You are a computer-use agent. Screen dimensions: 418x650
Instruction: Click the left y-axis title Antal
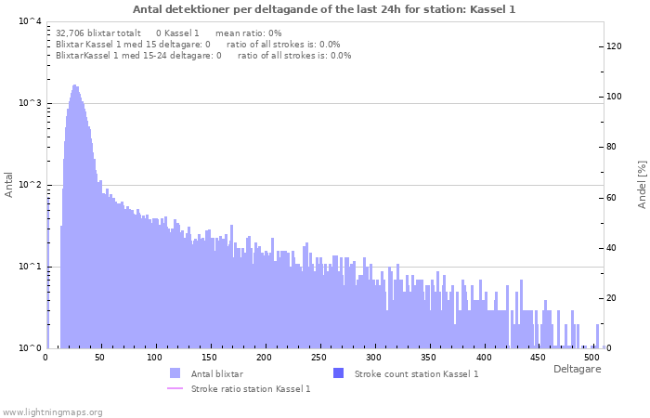pyautogui.click(x=9, y=184)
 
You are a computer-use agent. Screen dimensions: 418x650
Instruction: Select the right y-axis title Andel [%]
pyautogui.click(x=642, y=184)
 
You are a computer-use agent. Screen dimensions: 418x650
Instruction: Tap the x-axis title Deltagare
pyautogui.click(x=576, y=369)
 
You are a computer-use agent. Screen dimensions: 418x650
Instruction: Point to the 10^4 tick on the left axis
pyautogui.click(x=30, y=21)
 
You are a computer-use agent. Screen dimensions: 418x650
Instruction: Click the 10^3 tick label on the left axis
pyautogui.click(x=30, y=103)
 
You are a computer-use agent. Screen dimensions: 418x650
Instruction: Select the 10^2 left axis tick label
pyautogui.click(x=30, y=185)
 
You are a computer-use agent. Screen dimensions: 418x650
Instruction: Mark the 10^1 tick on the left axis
pyautogui.click(x=30, y=267)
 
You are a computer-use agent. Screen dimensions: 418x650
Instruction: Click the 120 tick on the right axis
pyautogui.click(x=613, y=46)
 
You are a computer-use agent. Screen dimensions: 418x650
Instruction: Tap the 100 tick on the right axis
pyautogui.click(x=613, y=97)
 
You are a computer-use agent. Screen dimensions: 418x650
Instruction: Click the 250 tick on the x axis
pyautogui.click(x=319, y=357)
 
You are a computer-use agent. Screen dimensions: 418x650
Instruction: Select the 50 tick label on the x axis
pyautogui.click(x=100, y=357)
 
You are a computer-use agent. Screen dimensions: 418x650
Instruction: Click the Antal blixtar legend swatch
pyautogui.click(x=175, y=373)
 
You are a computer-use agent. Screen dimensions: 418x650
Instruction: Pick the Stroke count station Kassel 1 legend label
pyautogui.click(x=416, y=373)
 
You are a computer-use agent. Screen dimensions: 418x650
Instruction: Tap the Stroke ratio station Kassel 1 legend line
pyautogui.click(x=175, y=388)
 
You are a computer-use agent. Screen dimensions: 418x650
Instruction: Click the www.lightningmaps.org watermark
pyautogui.click(x=52, y=411)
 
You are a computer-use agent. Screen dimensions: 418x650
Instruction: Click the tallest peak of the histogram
pyautogui.click(x=74, y=86)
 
